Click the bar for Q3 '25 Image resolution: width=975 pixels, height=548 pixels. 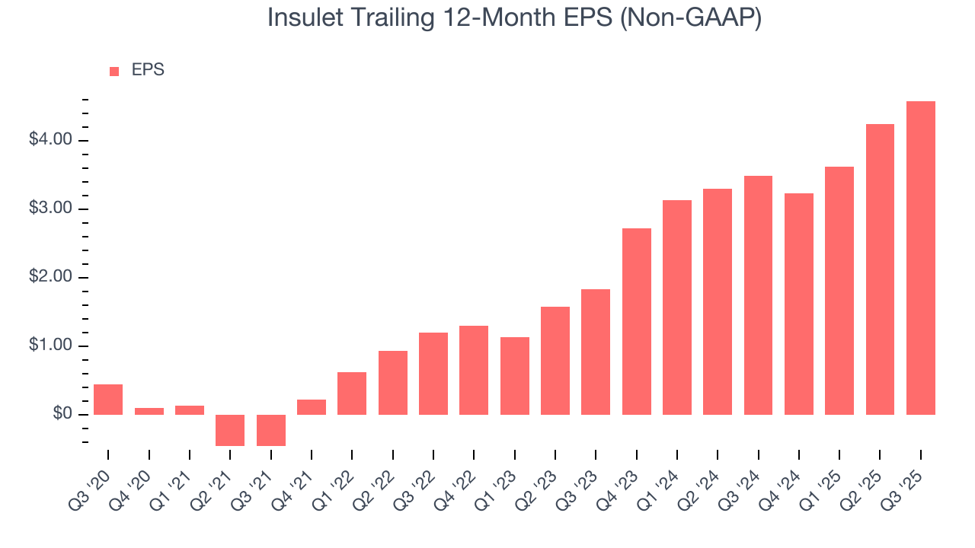coord(920,258)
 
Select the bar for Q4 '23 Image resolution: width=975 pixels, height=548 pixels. coord(636,321)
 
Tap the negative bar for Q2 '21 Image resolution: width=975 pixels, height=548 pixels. coord(230,430)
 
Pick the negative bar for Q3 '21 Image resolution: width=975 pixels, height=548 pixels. coord(270,430)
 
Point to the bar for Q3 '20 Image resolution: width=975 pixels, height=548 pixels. coord(108,400)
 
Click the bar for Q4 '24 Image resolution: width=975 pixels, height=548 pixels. coord(798,304)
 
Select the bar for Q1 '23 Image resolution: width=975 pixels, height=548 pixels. coord(514,376)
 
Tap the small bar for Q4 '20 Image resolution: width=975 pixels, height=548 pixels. coord(149,411)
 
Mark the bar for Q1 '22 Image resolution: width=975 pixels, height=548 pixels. coord(352,393)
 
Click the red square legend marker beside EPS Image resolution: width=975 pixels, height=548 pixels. coord(114,71)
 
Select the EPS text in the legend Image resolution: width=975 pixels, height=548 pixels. coord(148,70)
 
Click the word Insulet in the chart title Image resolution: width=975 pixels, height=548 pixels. coord(309,19)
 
